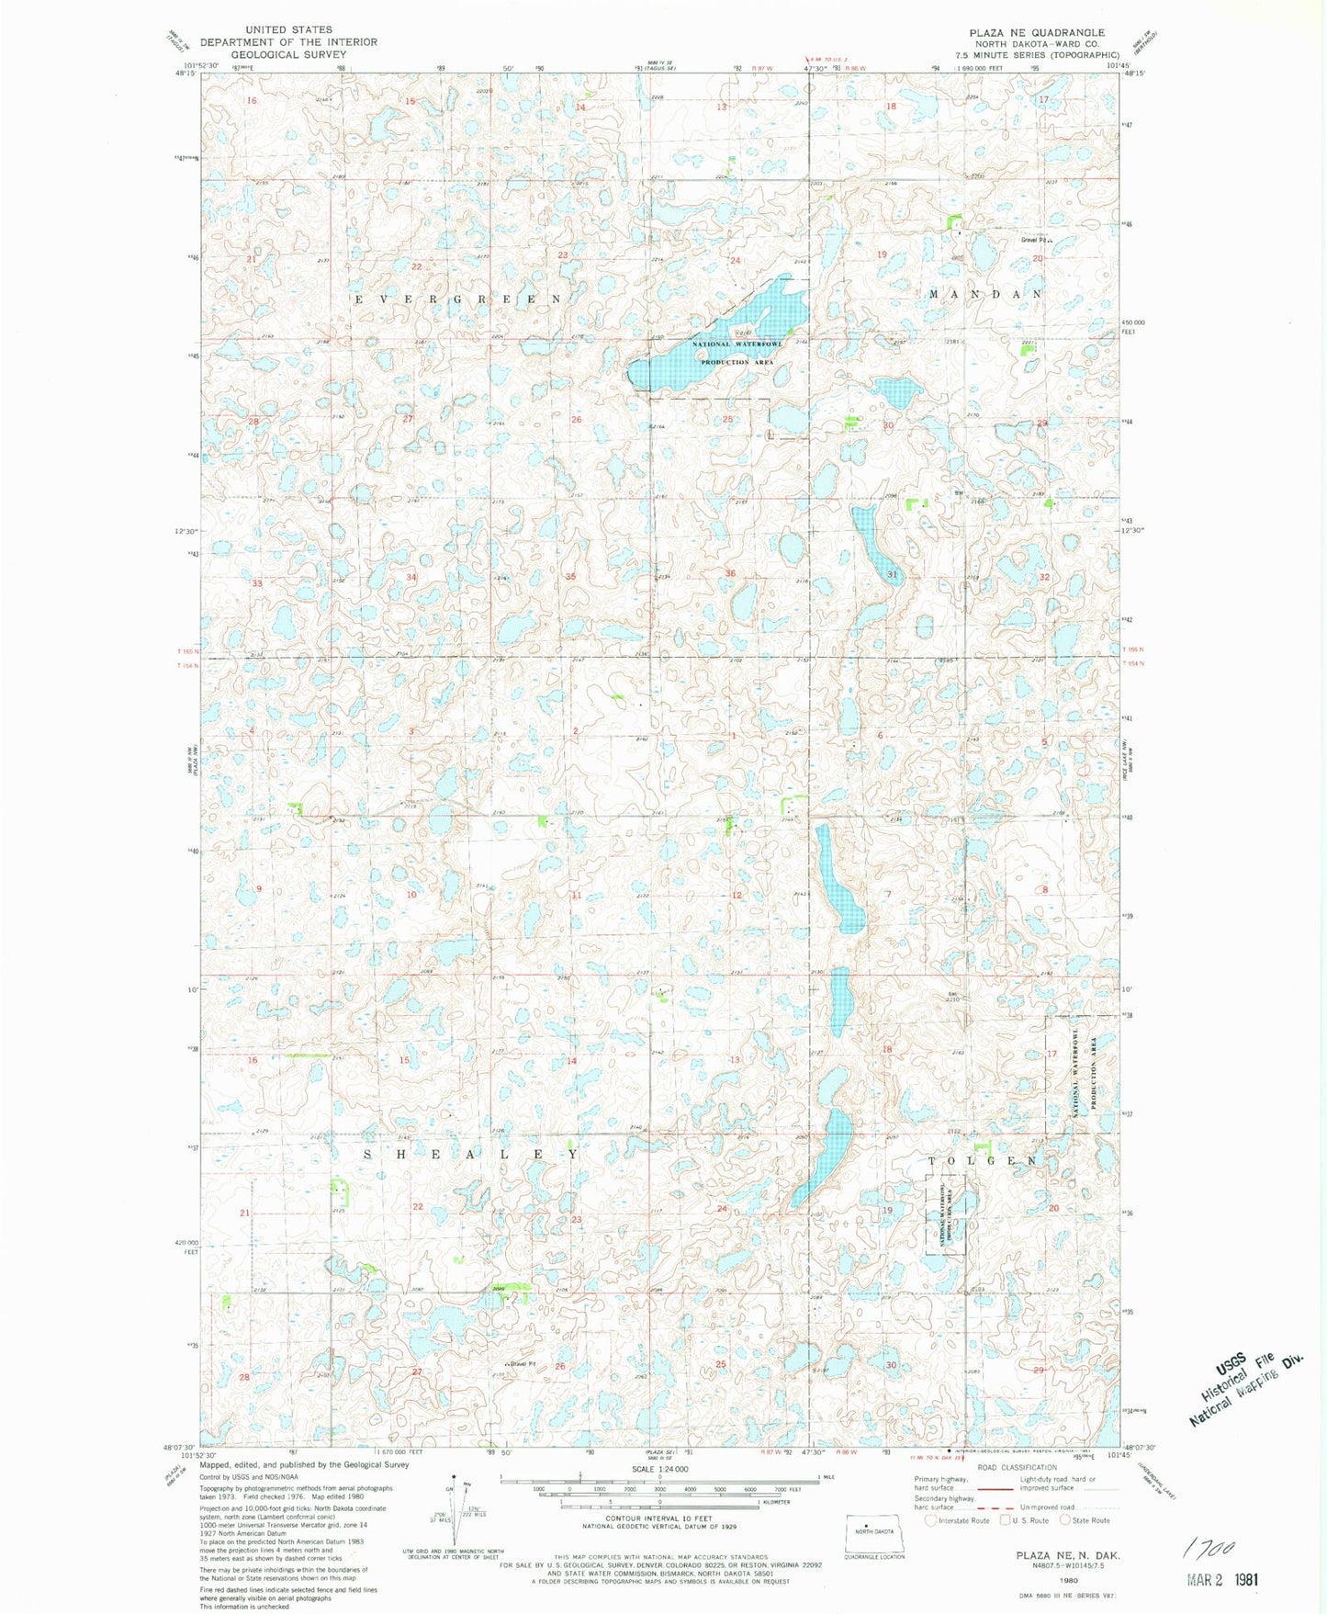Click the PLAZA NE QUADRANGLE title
click(x=1037, y=32)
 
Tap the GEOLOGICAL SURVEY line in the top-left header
click(x=288, y=54)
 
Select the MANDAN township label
click(x=985, y=294)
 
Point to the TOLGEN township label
click(x=984, y=1161)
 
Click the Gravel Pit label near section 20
click(x=1035, y=241)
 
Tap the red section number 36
click(x=730, y=573)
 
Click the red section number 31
click(x=892, y=574)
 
